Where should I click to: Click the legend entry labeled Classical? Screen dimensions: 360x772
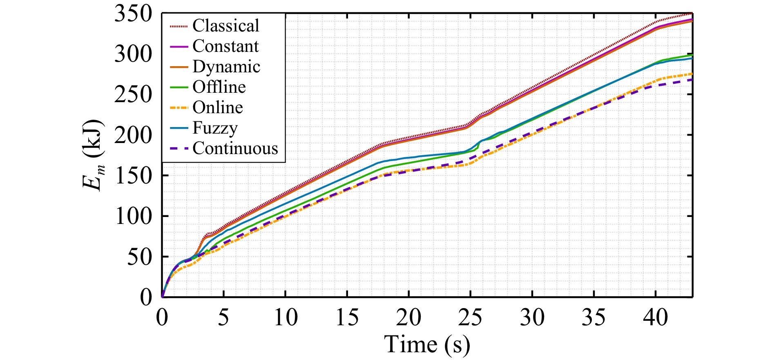coord(225,26)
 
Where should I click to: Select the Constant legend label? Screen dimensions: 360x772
coord(225,46)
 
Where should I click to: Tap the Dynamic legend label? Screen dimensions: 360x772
coord(226,67)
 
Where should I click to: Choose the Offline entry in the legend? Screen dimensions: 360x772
coord(219,87)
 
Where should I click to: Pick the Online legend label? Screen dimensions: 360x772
coord(218,107)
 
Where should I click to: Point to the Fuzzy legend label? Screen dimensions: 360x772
coord(215,128)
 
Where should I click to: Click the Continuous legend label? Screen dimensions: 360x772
coord(235,148)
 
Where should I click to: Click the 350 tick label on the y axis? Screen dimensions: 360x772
coord(133,14)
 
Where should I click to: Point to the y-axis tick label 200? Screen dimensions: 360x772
coord(133,135)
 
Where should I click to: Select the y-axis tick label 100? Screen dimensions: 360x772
coord(133,217)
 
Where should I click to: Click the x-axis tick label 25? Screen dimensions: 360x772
coord(470,318)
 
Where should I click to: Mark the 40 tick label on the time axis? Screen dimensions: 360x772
coord(655,318)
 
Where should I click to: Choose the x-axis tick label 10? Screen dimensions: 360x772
coord(286,318)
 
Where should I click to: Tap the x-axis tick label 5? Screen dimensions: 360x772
coord(223,318)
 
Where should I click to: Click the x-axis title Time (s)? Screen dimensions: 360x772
coord(427,344)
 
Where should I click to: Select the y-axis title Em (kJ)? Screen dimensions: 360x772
coord(93,155)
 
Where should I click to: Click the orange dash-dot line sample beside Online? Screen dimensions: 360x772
coord(178,108)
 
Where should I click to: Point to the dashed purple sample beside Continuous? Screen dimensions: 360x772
coord(178,149)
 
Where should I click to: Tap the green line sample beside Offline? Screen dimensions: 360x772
coord(178,87)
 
